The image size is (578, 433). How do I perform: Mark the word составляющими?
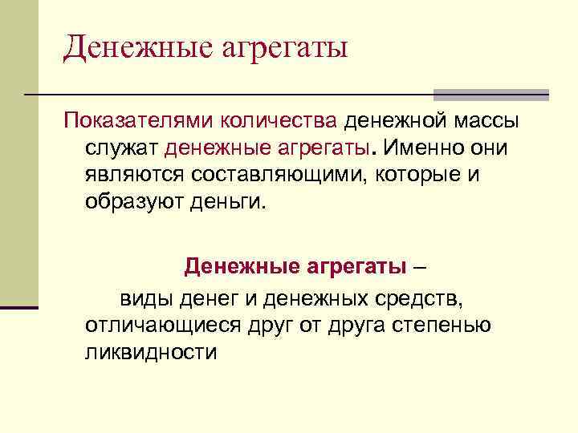pos(277,174)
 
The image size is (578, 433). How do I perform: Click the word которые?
pos(417,174)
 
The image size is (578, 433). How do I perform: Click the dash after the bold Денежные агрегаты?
pos(423,265)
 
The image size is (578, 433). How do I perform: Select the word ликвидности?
pos(151,352)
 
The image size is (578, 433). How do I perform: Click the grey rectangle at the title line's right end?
pos(490,94)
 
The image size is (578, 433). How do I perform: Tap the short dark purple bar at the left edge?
pos(19,307)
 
